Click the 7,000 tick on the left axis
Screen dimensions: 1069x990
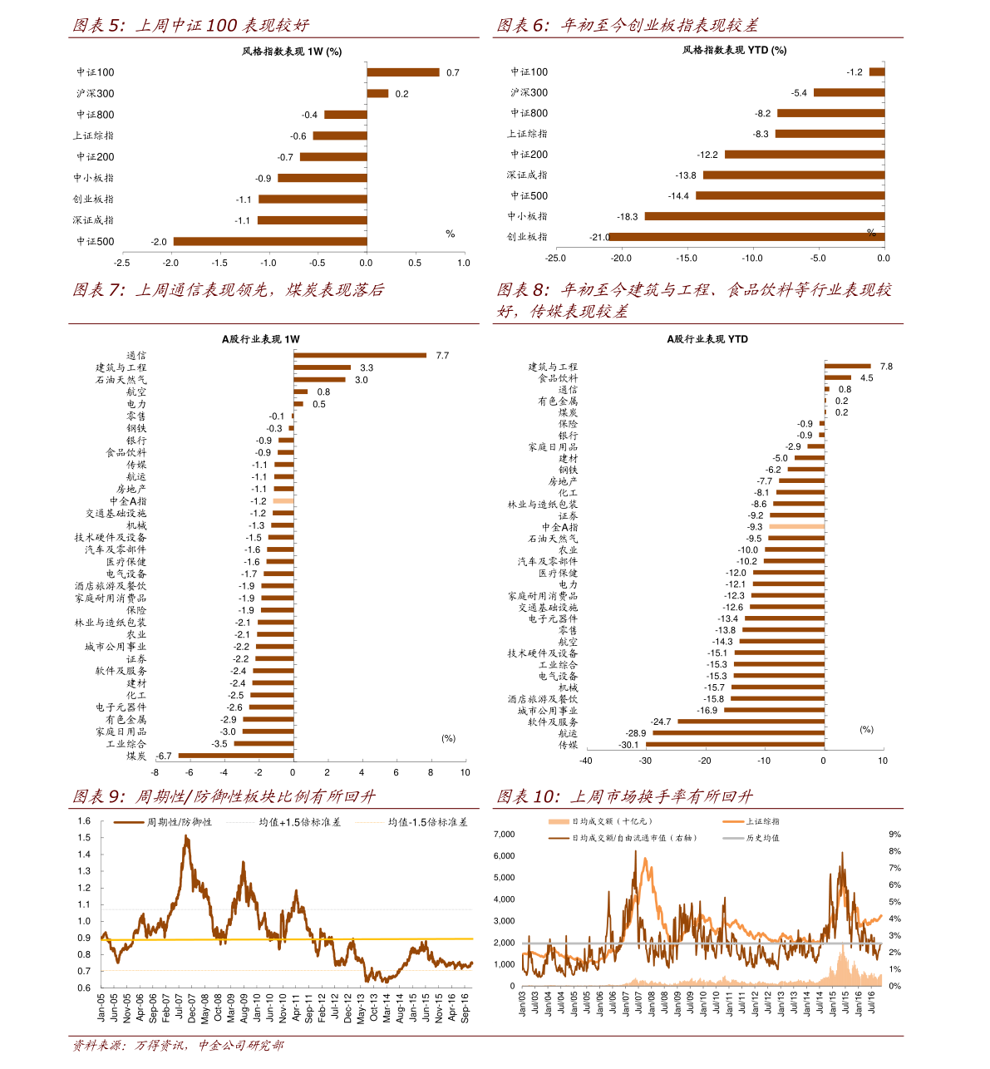504,835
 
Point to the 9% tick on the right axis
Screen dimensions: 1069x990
894,835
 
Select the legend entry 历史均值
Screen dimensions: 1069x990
762,838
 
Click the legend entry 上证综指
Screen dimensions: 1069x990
762,821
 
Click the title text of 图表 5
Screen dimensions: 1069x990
191,26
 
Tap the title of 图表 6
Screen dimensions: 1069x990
628,26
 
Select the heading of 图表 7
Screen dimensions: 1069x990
229,290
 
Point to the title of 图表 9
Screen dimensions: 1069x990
224,796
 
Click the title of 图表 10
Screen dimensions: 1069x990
625,796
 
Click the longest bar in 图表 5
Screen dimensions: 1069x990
270,242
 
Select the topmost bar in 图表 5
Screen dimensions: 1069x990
403,72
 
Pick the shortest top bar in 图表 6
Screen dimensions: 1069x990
876,72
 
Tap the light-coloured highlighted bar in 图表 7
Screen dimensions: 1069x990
283,501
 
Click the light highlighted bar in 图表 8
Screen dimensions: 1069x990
796,526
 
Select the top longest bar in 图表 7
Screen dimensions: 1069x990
360,356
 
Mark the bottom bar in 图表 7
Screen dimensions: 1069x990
236,756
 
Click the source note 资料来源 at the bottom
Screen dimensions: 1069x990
178,1045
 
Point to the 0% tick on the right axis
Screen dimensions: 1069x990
894,986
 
